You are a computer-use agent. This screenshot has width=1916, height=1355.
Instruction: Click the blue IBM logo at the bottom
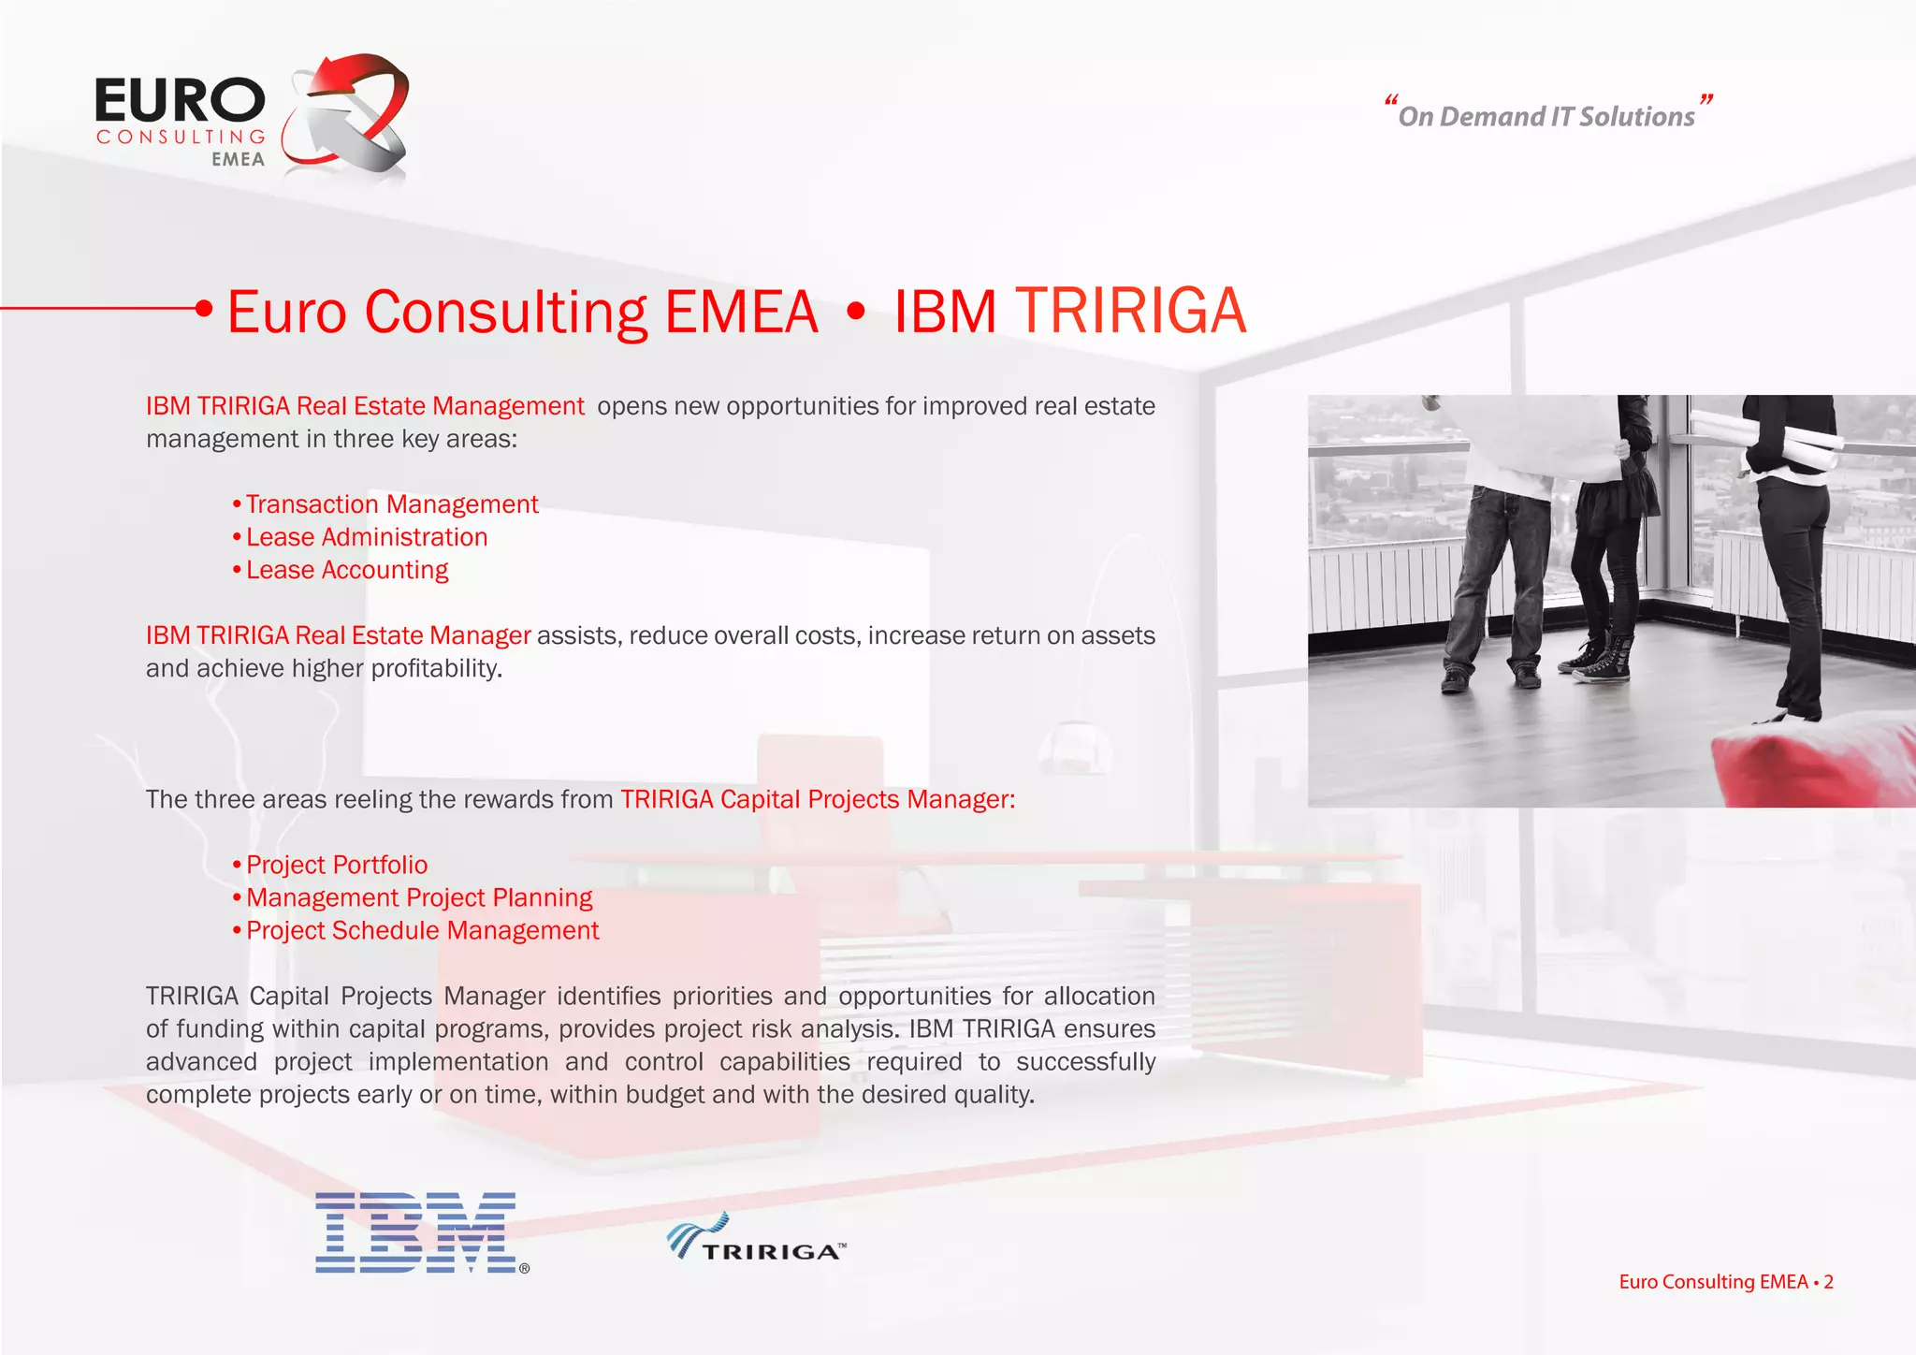pyautogui.click(x=416, y=1232)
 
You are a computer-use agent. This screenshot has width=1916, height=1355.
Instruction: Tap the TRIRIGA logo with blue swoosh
pyautogui.click(x=756, y=1240)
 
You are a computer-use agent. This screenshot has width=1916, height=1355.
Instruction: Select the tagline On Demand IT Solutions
pyautogui.click(x=1546, y=116)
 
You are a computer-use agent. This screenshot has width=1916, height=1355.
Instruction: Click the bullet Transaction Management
pyautogui.click(x=391, y=504)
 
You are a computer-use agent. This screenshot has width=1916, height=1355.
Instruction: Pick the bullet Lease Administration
pyautogui.click(x=366, y=537)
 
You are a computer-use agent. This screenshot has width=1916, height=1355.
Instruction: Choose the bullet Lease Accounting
pyautogui.click(x=346, y=570)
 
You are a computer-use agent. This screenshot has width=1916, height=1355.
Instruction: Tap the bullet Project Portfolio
pyautogui.click(x=336, y=865)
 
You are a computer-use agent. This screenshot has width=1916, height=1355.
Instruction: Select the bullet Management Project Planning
pyautogui.click(x=418, y=897)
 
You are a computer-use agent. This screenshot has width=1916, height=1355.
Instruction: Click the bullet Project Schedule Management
pyautogui.click(x=422, y=930)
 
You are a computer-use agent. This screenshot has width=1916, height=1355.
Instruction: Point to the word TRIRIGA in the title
pyautogui.click(x=1130, y=311)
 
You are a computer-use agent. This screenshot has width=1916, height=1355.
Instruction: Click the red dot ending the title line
pyautogui.click(x=204, y=308)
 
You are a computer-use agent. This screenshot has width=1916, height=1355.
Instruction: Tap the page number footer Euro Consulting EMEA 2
pyautogui.click(x=1725, y=1282)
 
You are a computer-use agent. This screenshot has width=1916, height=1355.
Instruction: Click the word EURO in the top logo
pyautogui.click(x=180, y=101)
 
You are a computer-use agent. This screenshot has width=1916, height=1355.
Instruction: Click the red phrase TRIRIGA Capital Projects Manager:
pyautogui.click(x=817, y=799)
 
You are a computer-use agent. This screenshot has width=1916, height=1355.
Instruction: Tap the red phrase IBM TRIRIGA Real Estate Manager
pyautogui.click(x=338, y=635)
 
